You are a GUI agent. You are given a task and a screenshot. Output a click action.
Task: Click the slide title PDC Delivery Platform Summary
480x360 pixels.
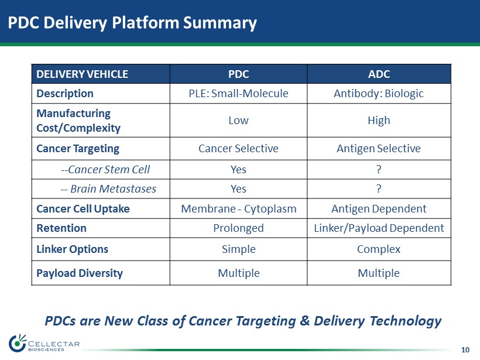pyautogui.click(x=132, y=23)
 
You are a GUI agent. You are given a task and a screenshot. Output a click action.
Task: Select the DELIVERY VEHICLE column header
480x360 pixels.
pyautogui.click(x=82, y=74)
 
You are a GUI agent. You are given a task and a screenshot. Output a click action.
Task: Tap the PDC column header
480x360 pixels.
pyautogui.click(x=238, y=74)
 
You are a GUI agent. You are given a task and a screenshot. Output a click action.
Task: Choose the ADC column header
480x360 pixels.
pyautogui.click(x=379, y=74)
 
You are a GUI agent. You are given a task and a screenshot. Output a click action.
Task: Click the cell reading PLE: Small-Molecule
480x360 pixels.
pyautogui.click(x=238, y=94)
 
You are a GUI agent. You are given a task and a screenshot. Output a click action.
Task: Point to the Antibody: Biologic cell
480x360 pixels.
pyautogui.click(x=379, y=94)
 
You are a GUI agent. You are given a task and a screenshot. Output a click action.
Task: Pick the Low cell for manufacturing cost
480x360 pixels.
pyautogui.click(x=238, y=121)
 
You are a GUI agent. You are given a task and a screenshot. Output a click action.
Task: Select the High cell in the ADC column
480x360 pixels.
pyautogui.click(x=379, y=121)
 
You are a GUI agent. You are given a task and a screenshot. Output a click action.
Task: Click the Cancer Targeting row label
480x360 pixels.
pyautogui.click(x=78, y=149)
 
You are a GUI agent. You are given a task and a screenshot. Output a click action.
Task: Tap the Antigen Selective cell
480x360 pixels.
pyautogui.click(x=379, y=149)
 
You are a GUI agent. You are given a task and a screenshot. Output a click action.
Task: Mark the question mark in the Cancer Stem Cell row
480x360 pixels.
pyautogui.click(x=379, y=169)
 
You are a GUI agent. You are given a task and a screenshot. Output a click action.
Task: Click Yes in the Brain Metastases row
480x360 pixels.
pyautogui.click(x=238, y=189)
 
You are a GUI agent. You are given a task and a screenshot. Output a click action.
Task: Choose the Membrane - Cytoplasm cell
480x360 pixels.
pyautogui.click(x=239, y=209)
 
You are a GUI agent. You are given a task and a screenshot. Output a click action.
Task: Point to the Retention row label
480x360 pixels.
pyautogui.click(x=61, y=228)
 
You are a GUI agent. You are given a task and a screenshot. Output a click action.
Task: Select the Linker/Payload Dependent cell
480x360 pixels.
pyautogui.click(x=379, y=228)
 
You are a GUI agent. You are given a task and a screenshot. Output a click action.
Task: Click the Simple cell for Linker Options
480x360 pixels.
pyautogui.click(x=239, y=249)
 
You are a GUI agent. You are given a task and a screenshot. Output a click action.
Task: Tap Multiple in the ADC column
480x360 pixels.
pyautogui.click(x=379, y=273)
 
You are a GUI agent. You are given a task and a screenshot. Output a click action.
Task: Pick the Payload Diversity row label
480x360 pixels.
pyautogui.click(x=80, y=273)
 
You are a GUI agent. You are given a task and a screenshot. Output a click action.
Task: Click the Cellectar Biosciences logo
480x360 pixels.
pyautogui.click(x=44, y=343)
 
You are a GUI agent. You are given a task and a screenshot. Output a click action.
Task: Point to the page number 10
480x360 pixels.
pyautogui.click(x=465, y=349)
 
